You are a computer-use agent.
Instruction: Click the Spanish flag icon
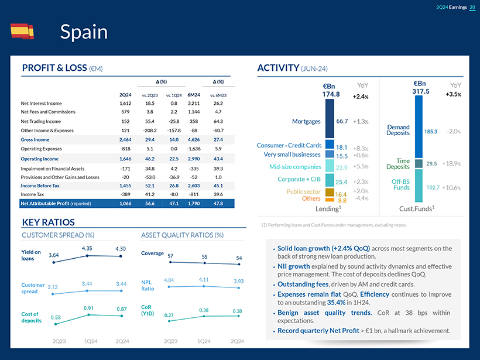pyautogui.click(x=22, y=32)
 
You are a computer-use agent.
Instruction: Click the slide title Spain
pyautogui.click(x=84, y=32)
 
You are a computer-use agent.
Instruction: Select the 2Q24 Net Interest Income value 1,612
pyautogui.click(x=125, y=102)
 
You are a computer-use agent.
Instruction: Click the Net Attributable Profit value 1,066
pyautogui.click(x=125, y=203)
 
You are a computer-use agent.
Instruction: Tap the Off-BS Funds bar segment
pyautogui.click(x=419, y=187)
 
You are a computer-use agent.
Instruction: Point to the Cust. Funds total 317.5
pyautogui.click(x=420, y=91)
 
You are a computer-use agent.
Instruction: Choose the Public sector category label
pyautogui.click(x=303, y=191)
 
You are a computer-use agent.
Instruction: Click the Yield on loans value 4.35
pyautogui.click(x=87, y=248)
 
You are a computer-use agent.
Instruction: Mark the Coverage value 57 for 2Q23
pyautogui.click(x=170, y=256)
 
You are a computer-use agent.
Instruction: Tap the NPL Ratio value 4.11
pyautogui.click(x=204, y=280)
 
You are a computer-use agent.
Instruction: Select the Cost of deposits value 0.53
pyautogui.click(x=56, y=317)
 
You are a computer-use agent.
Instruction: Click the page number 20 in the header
pyautogui.click(x=472, y=7)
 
